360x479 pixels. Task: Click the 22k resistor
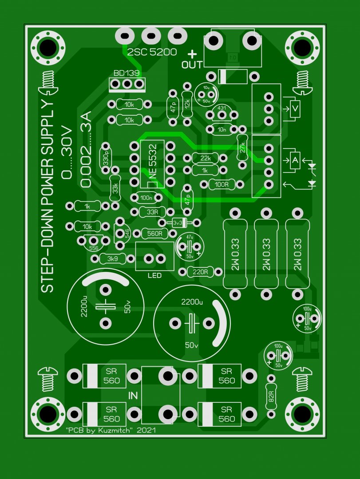point(205,159)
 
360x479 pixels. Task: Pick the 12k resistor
point(187,103)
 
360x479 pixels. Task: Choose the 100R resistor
point(222,184)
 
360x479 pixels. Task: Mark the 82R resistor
point(270,396)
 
